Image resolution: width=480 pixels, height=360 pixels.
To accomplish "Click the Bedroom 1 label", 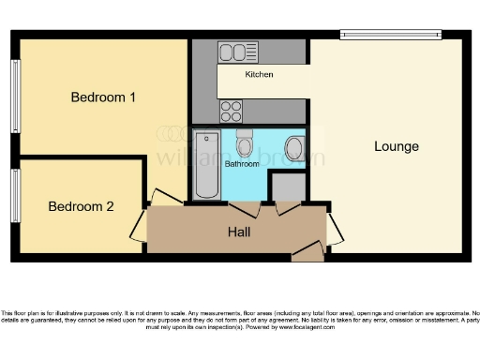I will coord(104,97).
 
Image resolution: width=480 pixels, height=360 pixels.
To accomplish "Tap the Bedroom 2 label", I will coord(81,206).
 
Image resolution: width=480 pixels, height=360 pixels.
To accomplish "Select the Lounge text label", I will coord(396,146).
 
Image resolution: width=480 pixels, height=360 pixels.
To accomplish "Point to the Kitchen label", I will coord(260,74).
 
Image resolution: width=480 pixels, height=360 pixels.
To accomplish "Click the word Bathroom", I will coord(242,164).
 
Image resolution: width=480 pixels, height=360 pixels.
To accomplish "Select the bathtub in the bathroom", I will coord(206,165).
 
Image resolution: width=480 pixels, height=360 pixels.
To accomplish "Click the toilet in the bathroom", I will coord(245,142).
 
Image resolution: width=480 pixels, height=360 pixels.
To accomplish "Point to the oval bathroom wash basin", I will coord(293,149).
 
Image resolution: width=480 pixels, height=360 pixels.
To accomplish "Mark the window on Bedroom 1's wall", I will coord(15,97).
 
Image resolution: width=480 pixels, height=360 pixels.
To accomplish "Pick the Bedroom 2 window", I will coord(15,195).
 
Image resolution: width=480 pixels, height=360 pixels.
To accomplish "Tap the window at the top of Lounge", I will coord(390,35).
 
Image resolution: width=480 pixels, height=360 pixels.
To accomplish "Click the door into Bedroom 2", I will coord(139,226).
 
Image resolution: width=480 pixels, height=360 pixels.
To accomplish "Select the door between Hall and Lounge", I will coord(334,228).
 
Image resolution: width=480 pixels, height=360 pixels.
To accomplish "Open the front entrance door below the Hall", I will coord(307,251).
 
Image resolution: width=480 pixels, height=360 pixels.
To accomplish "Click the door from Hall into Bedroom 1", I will coord(165,198).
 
